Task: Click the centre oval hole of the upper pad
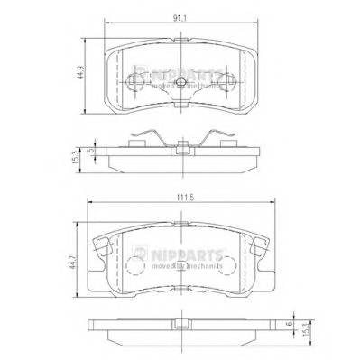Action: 181,84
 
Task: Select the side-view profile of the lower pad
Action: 181,333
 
